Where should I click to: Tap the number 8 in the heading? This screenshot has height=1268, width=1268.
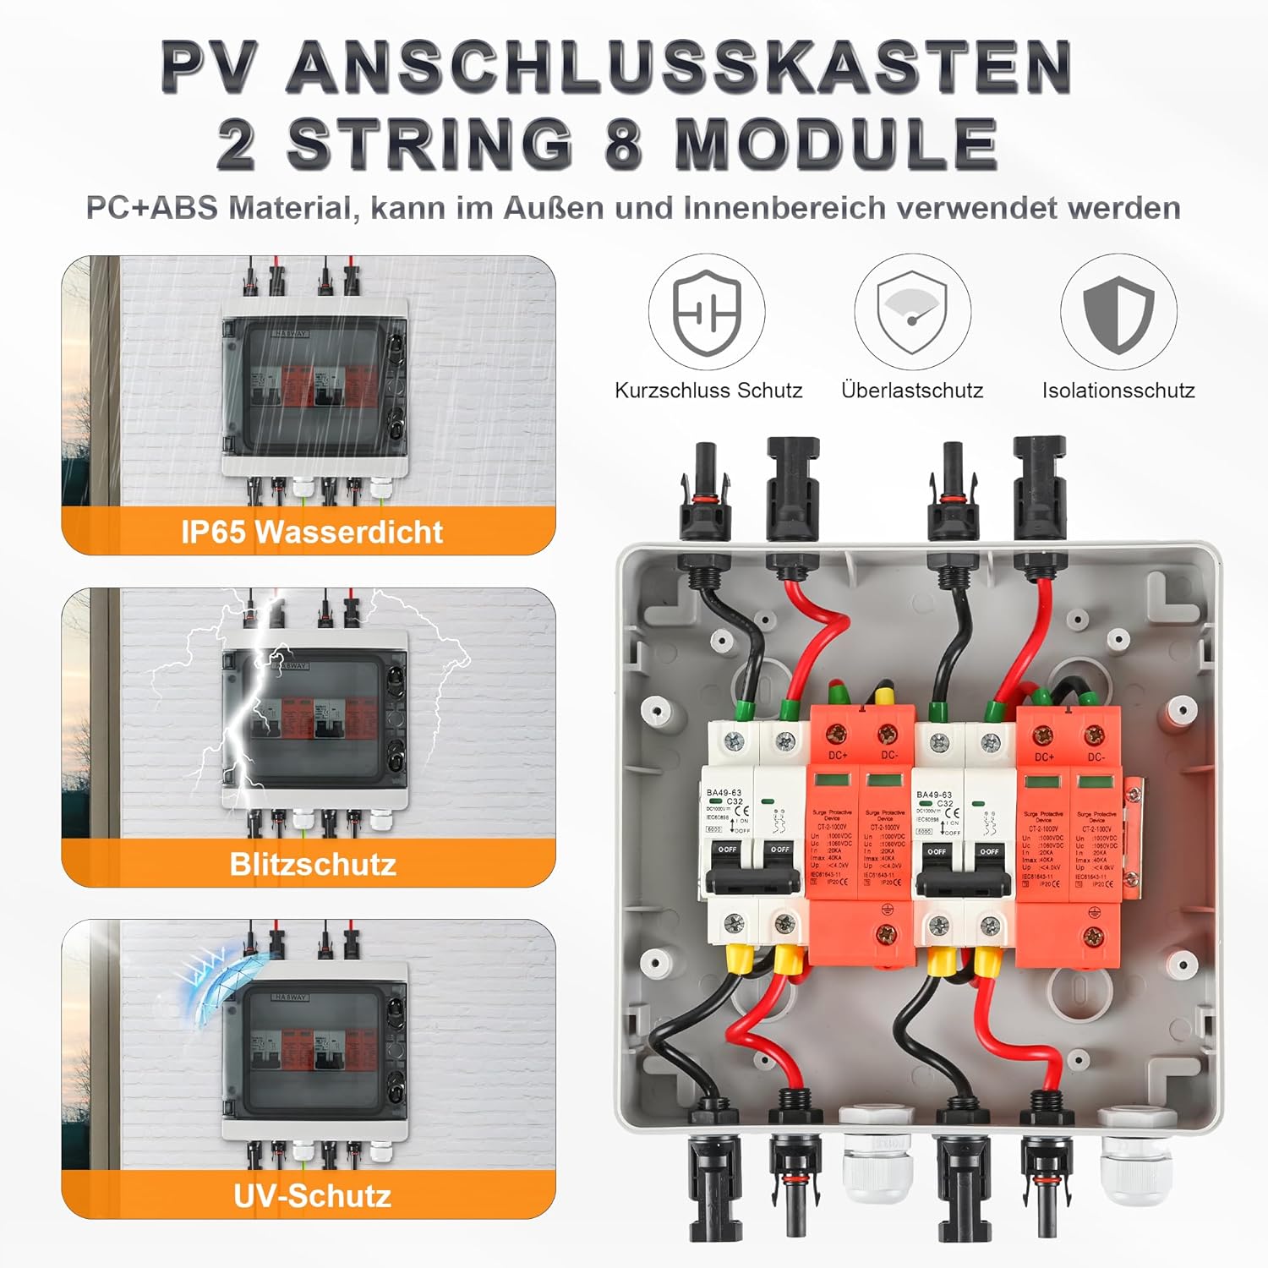624,144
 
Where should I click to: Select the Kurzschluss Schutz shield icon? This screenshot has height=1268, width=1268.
707,312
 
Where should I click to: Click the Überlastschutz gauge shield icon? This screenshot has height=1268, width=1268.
912,312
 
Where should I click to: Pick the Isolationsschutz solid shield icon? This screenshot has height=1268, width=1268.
1118,312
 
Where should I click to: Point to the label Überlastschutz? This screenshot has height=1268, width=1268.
912,391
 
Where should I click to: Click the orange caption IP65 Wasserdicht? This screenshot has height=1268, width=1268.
311,532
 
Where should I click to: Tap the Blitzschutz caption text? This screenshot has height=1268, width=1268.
313,864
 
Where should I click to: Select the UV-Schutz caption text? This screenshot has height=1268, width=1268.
312,1195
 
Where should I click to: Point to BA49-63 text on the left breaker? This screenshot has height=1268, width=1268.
724,793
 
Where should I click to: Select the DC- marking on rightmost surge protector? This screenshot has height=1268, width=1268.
1096,757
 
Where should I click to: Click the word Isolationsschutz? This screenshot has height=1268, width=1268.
1118,391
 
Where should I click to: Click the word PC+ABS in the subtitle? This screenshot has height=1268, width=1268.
152,208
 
